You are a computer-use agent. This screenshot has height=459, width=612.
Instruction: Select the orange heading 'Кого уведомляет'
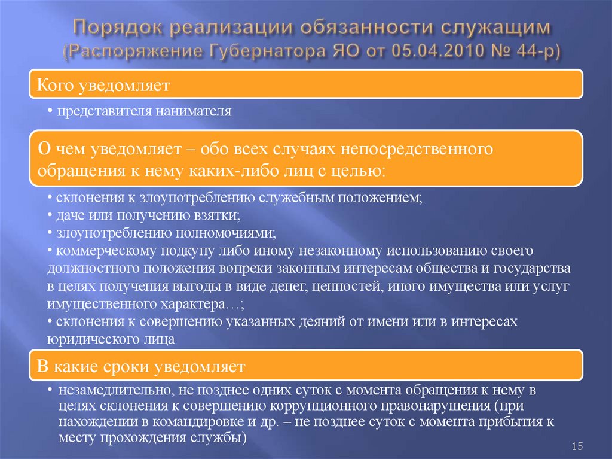(105, 86)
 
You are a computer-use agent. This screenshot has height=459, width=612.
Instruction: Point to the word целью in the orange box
(357, 170)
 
